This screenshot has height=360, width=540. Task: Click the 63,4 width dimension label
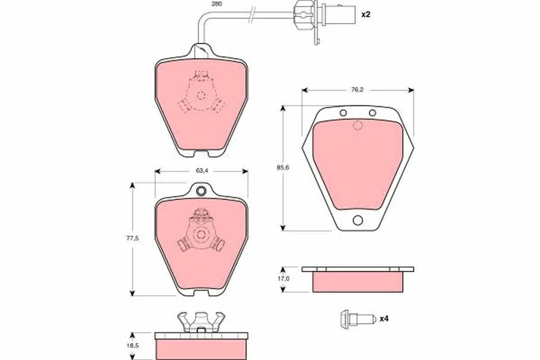(202, 171)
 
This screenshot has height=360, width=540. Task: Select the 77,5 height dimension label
(133, 238)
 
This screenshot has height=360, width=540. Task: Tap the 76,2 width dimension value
(357, 90)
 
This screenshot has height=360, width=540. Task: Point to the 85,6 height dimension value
(283, 167)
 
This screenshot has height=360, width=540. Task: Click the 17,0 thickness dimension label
(283, 279)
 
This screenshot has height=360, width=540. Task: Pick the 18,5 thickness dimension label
(133, 346)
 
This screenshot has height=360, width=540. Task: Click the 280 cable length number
(217, 4)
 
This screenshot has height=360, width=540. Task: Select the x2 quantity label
(365, 14)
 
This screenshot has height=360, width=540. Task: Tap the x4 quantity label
(384, 319)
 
